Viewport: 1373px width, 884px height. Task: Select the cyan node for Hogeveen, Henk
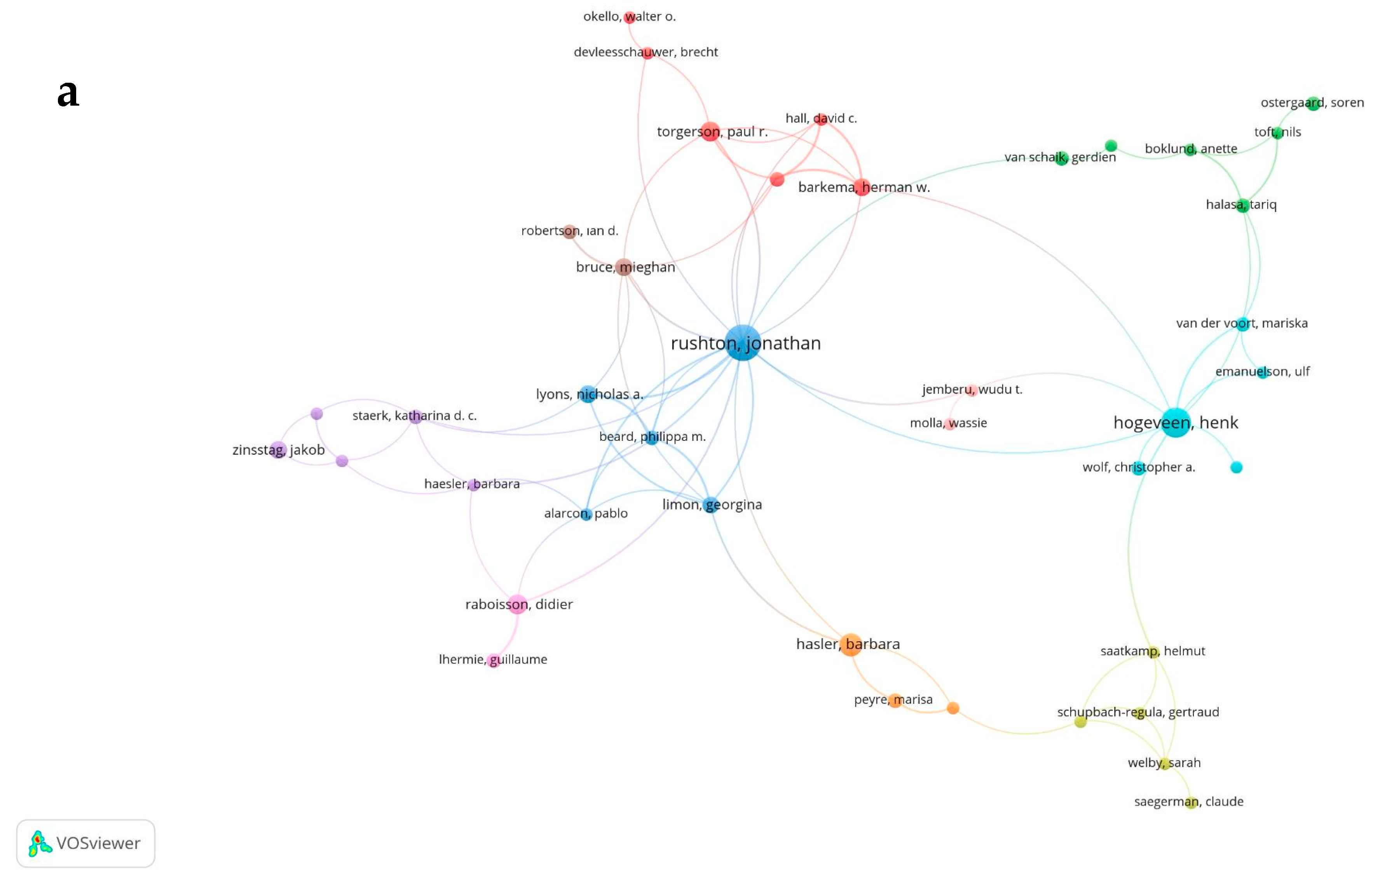coord(1176,423)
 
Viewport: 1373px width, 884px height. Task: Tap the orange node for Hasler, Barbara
coord(850,645)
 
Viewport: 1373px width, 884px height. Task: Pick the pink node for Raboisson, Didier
coord(517,604)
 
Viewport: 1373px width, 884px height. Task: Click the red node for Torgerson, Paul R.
coord(710,131)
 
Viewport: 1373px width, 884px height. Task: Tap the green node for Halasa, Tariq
coord(1242,205)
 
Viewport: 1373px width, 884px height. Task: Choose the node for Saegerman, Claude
coord(1191,802)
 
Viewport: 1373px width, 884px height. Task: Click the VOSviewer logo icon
coord(40,843)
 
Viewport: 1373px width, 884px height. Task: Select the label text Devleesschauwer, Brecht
coord(646,52)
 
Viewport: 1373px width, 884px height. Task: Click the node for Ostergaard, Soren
coord(1313,103)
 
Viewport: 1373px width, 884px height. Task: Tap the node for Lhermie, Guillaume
coord(493,660)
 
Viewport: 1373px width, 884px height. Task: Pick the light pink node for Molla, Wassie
coord(950,424)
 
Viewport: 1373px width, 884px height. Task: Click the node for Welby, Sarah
coord(1165,764)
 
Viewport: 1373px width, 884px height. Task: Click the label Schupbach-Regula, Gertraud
coord(1137,712)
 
